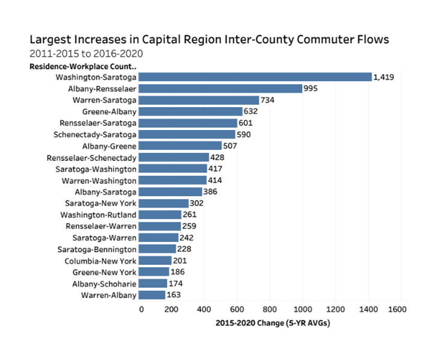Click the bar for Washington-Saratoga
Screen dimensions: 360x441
pyautogui.click(x=256, y=77)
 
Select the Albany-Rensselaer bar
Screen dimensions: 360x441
pyautogui.click(x=221, y=88)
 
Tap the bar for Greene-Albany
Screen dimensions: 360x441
pyautogui.click(x=191, y=111)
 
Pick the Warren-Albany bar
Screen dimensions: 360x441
pyautogui.click(x=153, y=295)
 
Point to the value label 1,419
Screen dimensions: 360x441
pyautogui.click(x=384, y=77)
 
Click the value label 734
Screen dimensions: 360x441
pyautogui.click(x=268, y=100)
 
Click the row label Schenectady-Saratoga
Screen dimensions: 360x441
pyautogui.click(x=95, y=134)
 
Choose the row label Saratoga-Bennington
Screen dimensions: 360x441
pyautogui.click(x=97, y=249)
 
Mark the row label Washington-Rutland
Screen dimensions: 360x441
pyautogui.click(x=99, y=215)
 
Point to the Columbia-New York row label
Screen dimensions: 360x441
pyautogui.click(x=100, y=261)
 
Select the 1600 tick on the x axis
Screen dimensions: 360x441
pyautogui.click(x=398, y=309)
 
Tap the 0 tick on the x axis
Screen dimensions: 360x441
pyautogui.click(x=141, y=309)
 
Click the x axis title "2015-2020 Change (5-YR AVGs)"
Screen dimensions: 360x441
pyautogui.click(x=273, y=323)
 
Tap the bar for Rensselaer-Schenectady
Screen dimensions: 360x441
pyautogui.click(x=175, y=157)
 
